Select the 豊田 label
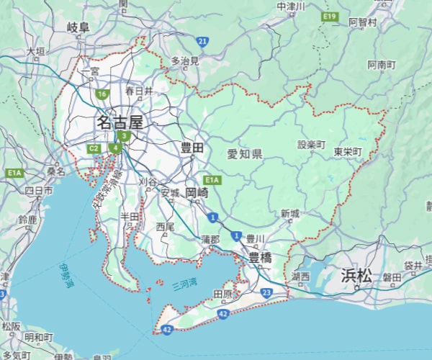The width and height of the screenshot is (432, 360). pos(192,148)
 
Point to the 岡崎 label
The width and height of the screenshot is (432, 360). pos(197,193)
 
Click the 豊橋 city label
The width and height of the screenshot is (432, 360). pos(260,258)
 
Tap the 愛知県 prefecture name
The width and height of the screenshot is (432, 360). pos(244,154)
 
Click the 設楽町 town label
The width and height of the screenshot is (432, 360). pos(312,145)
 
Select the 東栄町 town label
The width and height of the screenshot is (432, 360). pos(348,153)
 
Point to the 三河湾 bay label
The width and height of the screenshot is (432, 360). pos(185,285)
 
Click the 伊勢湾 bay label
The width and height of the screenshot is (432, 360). pos(68,276)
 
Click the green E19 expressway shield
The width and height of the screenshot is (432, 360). pos(330,16)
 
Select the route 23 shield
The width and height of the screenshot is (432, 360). pos(267,292)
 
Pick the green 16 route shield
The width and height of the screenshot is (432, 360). pos(102,94)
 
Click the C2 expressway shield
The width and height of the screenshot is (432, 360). pos(94,148)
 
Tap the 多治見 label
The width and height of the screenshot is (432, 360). pos(185,61)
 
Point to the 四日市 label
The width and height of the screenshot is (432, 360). pos(38,191)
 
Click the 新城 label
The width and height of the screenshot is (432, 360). pos(290,214)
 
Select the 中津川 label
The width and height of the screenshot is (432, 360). pos(291,6)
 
